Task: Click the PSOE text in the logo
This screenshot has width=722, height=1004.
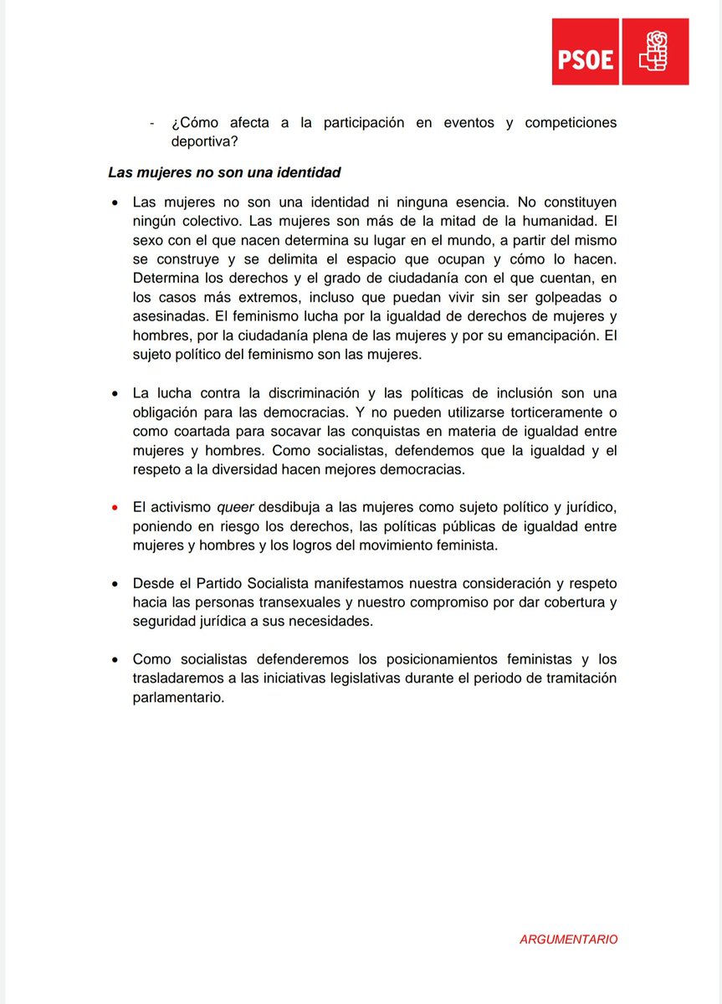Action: (586, 60)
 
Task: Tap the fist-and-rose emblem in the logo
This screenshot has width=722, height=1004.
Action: (654, 53)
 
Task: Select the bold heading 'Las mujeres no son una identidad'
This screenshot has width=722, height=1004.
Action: (224, 173)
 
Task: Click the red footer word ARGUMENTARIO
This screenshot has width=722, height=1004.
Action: (568, 940)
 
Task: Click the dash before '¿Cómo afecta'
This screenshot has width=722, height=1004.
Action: (151, 123)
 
